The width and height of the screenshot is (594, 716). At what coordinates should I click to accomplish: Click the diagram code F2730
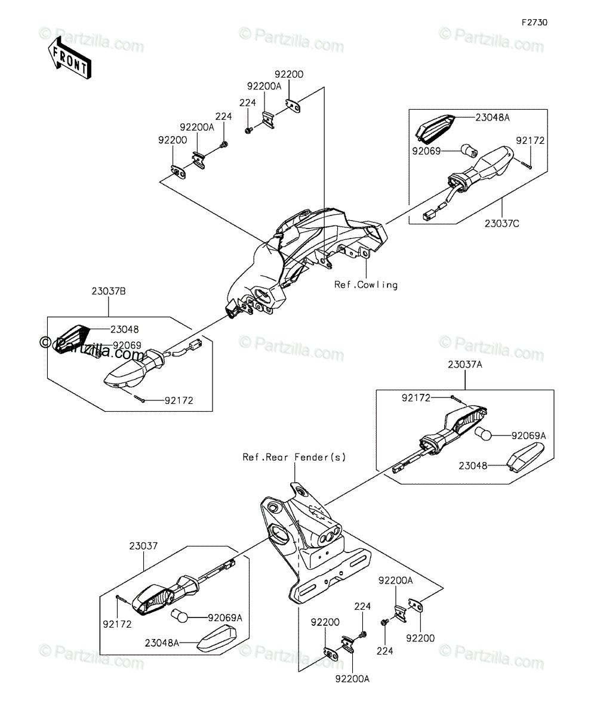(534, 23)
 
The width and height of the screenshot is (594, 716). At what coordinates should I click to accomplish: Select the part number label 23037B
(109, 292)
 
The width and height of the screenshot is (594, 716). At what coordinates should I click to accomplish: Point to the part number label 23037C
(501, 224)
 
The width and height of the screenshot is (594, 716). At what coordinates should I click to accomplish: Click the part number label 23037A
(465, 365)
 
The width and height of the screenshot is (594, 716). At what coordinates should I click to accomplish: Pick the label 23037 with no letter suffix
(143, 547)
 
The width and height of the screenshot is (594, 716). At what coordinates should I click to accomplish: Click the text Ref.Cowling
(366, 285)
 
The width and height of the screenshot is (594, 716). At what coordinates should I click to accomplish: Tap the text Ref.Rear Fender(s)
(294, 457)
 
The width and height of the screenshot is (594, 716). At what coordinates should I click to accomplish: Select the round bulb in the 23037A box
(483, 434)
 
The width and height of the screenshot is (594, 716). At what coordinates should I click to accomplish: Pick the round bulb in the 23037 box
(180, 616)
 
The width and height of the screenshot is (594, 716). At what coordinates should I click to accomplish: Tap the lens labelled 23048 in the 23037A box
(525, 458)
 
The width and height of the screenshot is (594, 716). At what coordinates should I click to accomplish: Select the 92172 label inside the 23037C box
(530, 141)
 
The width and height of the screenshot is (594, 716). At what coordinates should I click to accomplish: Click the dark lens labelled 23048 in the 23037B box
(73, 338)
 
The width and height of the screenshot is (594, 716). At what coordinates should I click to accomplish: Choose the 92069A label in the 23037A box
(528, 436)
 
